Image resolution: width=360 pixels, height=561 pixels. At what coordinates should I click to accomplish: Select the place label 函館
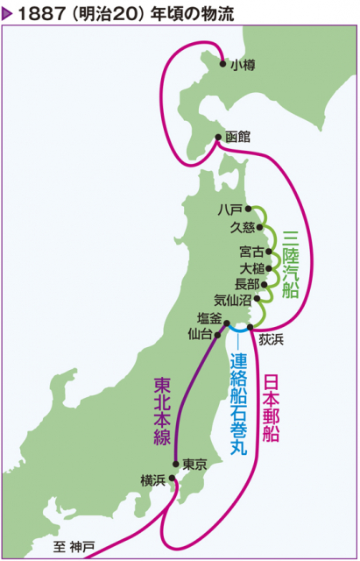pyautogui.click(x=237, y=138)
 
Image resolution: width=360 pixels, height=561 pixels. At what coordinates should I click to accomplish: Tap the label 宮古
pyautogui.click(x=251, y=252)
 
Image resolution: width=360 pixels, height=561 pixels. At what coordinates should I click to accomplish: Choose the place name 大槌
pyautogui.click(x=251, y=267)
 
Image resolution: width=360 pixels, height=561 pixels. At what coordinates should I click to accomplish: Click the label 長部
pyautogui.click(x=248, y=283)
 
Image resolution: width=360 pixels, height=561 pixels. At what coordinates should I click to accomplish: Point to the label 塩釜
pyautogui.click(x=210, y=319)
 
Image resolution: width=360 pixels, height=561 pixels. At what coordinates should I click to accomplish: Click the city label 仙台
pyautogui.click(x=201, y=334)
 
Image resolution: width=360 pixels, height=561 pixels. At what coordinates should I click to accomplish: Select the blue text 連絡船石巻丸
pyautogui.click(x=238, y=403)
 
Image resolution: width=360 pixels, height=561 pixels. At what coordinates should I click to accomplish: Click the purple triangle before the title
pyautogui.click(x=9, y=12)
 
